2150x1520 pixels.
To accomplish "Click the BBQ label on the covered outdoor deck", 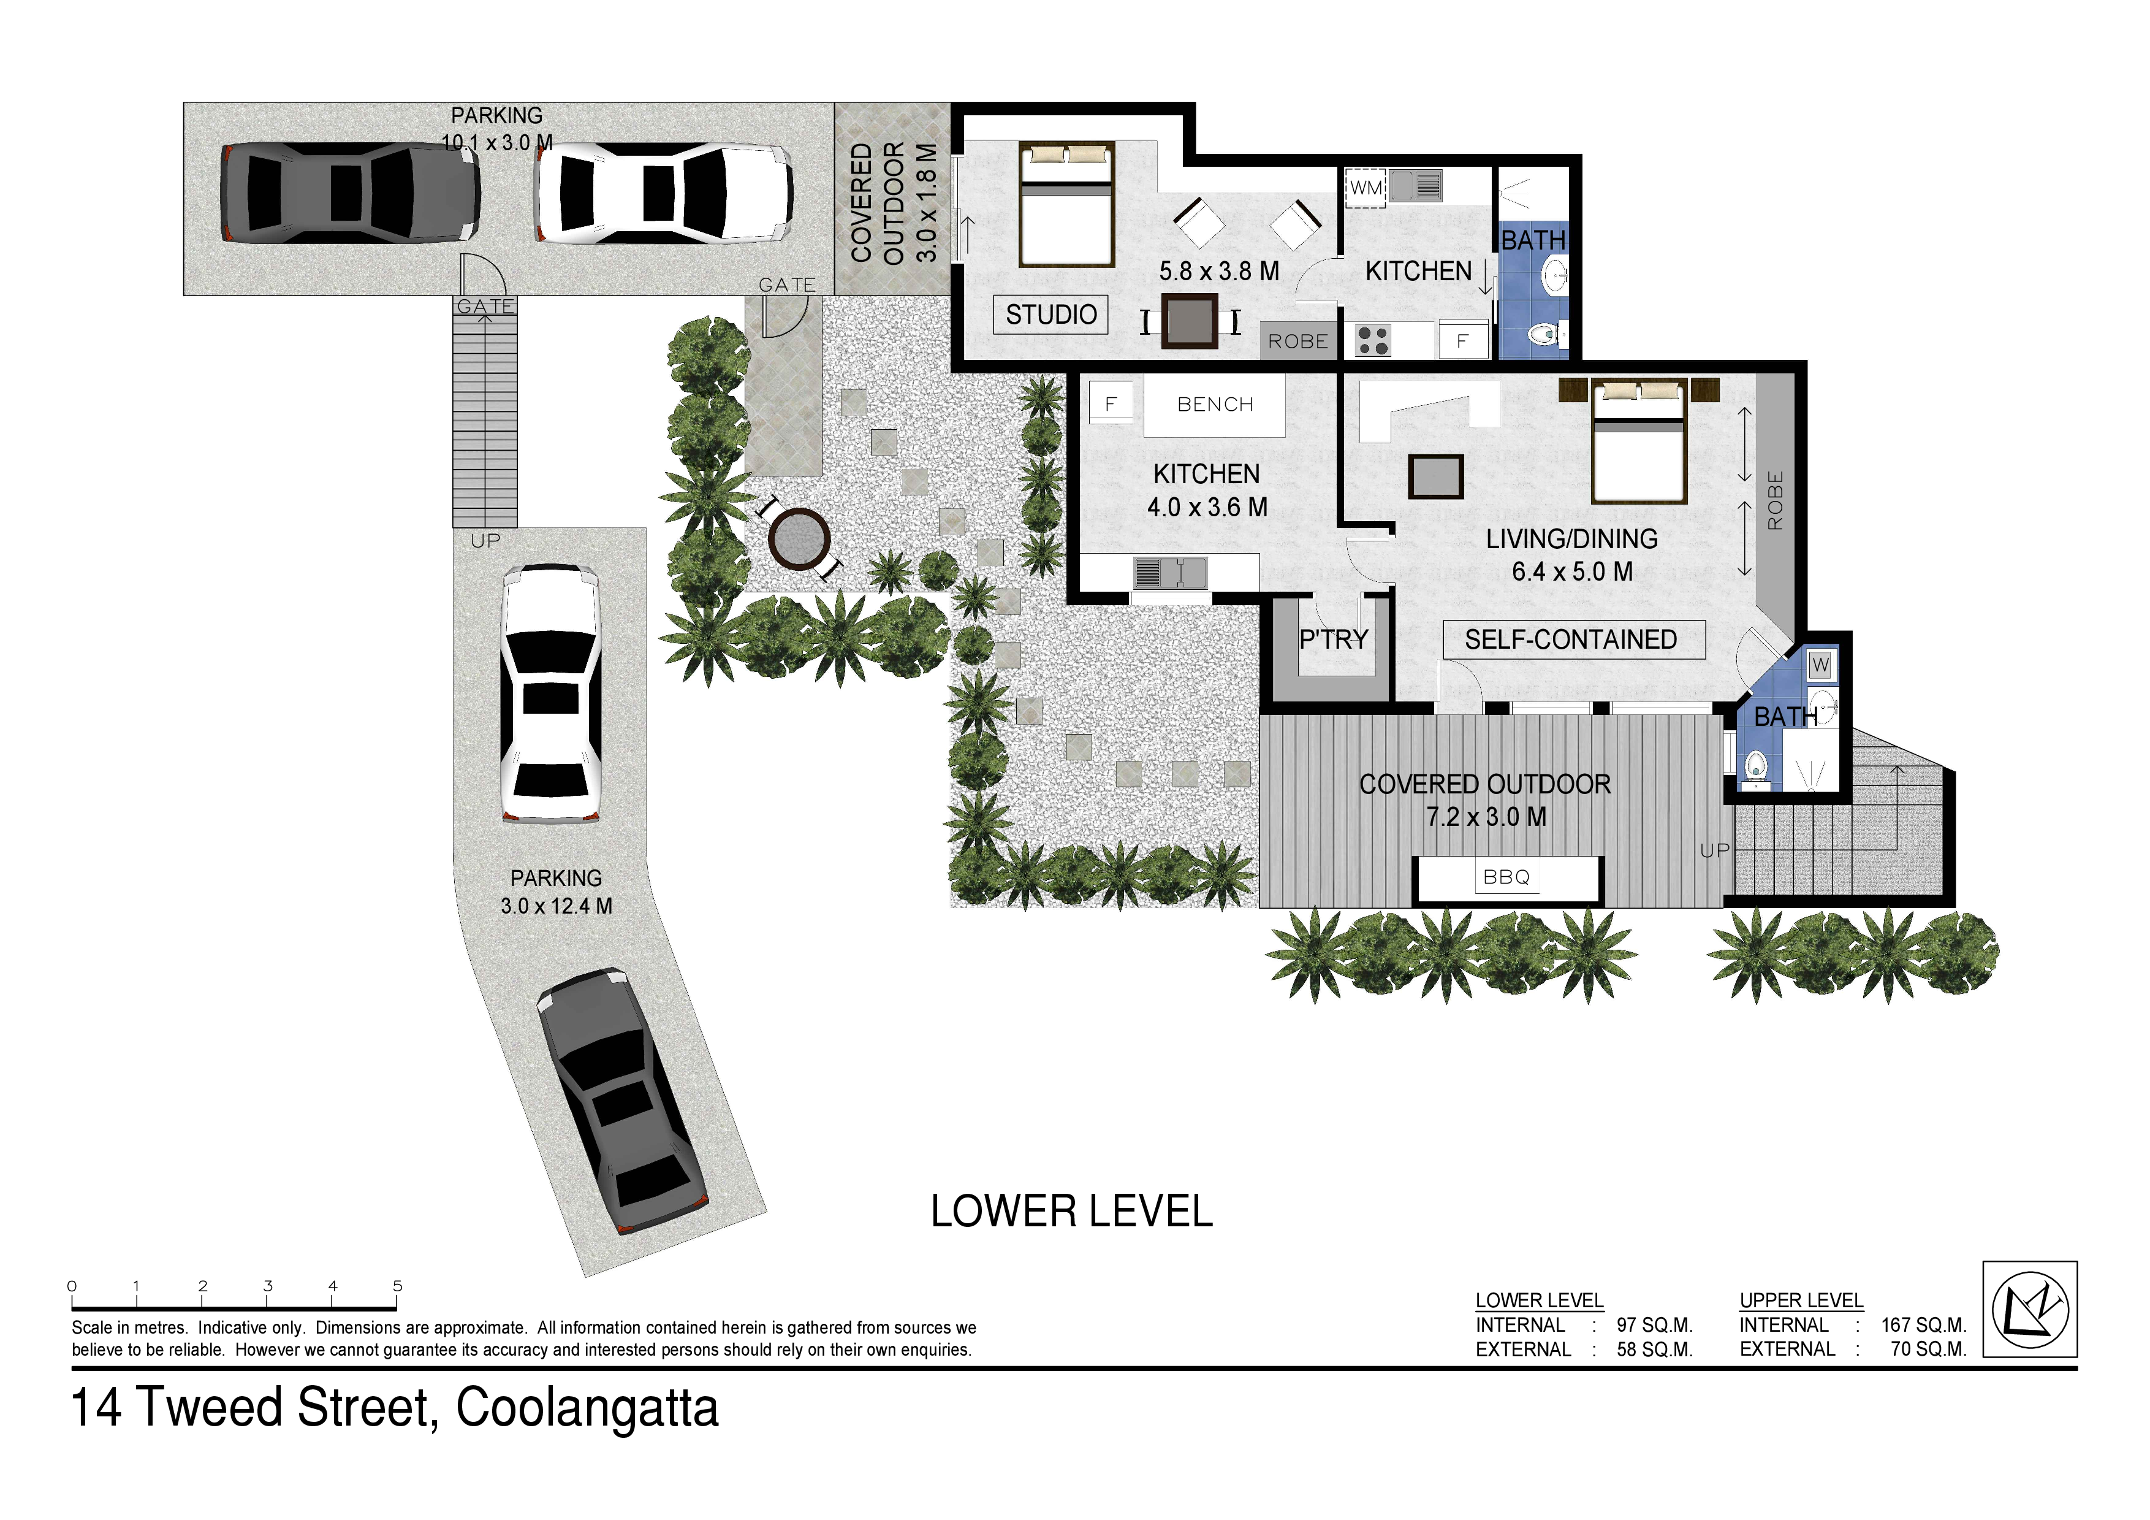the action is [1506, 877].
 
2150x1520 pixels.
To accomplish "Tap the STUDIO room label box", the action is [1050, 315].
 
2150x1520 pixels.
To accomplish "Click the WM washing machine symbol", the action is [1366, 187].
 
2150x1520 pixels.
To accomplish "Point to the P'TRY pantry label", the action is [1334, 640].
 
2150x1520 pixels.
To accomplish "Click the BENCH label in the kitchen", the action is [1215, 405].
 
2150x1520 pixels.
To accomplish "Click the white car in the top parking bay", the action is [664, 193].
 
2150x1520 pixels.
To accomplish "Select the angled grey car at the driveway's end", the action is [622, 1101].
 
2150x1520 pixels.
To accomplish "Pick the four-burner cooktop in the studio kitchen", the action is [1373, 340].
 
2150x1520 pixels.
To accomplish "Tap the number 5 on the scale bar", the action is [397, 1286].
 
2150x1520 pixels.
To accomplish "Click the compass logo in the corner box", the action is [2029, 1309].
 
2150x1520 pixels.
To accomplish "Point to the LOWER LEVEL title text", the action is [1071, 1212].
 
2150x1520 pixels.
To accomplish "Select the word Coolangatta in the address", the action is [587, 1408].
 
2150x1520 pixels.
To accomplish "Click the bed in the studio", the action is [1066, 204].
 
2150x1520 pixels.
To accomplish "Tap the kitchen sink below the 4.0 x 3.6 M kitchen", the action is [1169, 572].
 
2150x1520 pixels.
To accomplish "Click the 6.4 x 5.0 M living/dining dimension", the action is [1572, 571].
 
